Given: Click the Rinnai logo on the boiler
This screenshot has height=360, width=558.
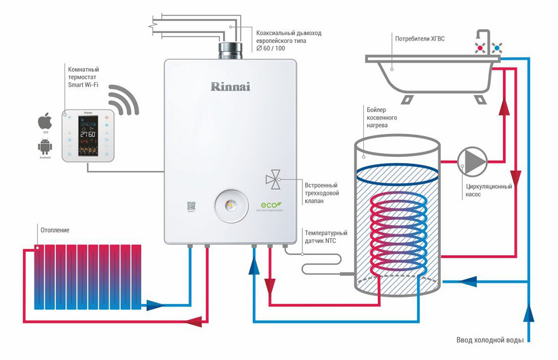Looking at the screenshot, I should pos(230,87).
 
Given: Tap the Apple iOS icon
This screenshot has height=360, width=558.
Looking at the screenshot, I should pos(45,122).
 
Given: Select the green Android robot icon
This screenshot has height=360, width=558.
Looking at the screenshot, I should pos(45,147).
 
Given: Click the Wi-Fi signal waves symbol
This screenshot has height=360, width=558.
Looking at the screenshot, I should pos(124,100).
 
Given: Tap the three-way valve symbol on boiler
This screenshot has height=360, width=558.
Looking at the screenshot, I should pos(273,179).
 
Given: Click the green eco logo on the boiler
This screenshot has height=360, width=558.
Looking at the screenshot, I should pos(271,204).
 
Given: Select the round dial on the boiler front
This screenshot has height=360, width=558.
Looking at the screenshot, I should pos(230,205).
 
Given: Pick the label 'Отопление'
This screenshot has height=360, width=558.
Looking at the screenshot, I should pos(55,230).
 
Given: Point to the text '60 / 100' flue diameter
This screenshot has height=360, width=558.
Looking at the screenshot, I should pos(274,49).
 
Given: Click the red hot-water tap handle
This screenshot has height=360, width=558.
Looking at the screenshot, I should pos(479,49).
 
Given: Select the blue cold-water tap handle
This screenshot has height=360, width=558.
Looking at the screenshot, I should pos(496,49).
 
